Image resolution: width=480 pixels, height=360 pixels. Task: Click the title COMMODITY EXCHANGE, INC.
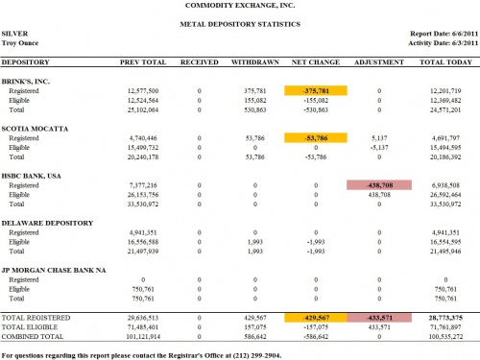click(x=240, y=6)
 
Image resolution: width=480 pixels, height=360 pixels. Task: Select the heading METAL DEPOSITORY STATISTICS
click(x=240, y=22)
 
